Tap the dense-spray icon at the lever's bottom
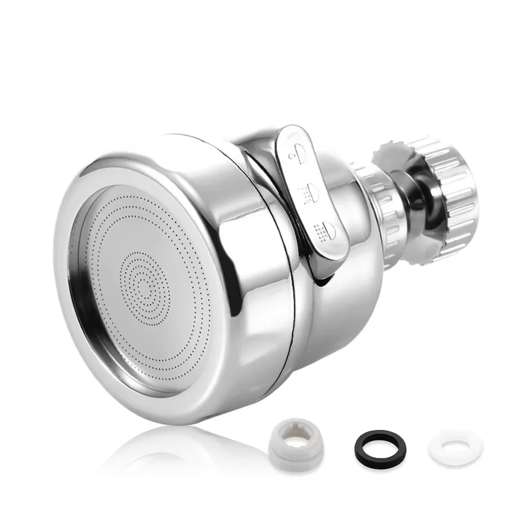tap(325, 230)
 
